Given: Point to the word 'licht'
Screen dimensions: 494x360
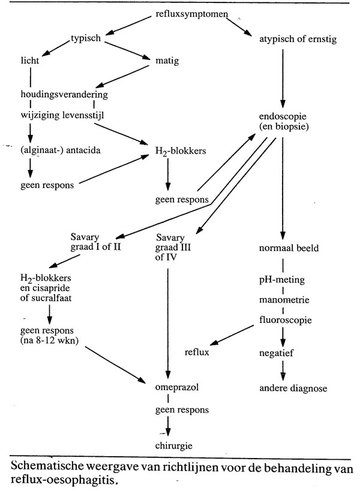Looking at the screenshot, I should [x=29, y=61].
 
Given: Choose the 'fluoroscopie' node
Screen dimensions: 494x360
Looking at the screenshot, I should [x=285, y=320].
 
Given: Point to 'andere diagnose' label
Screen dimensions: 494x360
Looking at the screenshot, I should [x=293, y=388].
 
